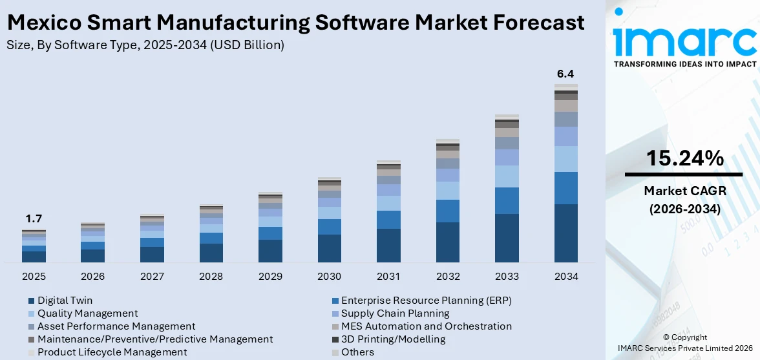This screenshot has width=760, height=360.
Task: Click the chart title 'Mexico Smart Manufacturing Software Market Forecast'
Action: pos(295,23)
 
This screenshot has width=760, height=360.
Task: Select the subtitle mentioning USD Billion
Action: pos(145,45)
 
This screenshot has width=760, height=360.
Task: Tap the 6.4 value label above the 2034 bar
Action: pos(565,74)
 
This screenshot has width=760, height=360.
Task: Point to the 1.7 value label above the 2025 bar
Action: pos(34,218)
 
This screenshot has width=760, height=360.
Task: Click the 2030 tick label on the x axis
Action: pos(329,277)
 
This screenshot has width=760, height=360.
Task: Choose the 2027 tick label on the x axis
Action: pos(152,277)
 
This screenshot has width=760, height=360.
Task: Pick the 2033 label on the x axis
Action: pos(507,277)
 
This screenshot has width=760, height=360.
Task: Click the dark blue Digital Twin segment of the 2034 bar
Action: pos(565,233)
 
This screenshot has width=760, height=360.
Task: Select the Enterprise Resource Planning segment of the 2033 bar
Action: pos(507,200)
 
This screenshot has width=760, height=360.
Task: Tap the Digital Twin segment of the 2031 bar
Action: pos(388,246)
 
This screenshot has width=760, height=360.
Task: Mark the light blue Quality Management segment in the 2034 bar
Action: pos(565,159)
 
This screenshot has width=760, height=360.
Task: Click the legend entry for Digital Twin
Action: pos(65,301)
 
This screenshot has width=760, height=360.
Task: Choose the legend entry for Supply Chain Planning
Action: pos(395,313)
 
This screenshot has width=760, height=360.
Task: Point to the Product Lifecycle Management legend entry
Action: pos(112,352)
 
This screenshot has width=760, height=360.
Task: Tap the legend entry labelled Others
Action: pos(357,352)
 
